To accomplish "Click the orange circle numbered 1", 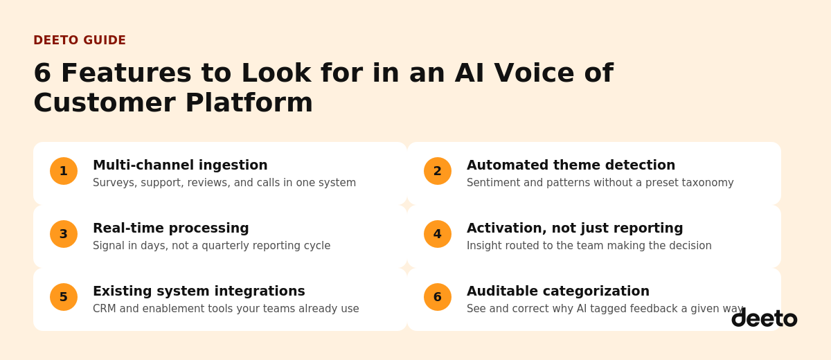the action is pyautogui.click(x=64, y=171).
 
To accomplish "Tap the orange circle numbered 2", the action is pyautogui.click(x=438, y=171).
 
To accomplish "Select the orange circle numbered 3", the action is pyautogui.click(x=64, y=234).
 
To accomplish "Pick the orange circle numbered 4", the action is pyautogui.click(x=438, y=234).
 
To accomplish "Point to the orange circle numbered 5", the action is pyautogui.click(x=64, y=297).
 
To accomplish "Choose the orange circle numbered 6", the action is pyautogui.click(x=438, y=297).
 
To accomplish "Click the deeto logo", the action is pyautogui.click(x=765, y=318).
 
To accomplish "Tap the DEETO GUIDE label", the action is pyautogui.click(x=80, y=40).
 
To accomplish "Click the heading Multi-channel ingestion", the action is pyautogui.click(x=180, y=165).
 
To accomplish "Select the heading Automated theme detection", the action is pyautogui.click(x=571, y=165).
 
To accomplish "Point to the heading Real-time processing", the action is pyautogui.click(x=171, y=228).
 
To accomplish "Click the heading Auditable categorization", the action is pyautogui.click(x=558, y=291).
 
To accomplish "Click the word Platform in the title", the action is pyautogui.click(x=249, y=102).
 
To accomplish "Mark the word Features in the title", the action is pyautogui.click(x=127, y=73).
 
